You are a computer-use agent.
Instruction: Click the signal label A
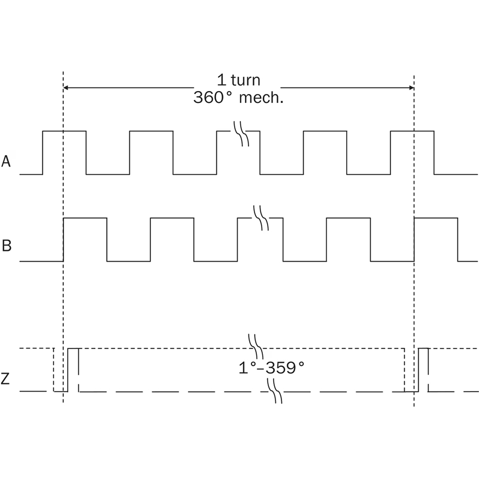coord(6,161)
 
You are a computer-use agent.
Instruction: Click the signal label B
coord(7,245)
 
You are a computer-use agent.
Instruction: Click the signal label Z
coord(5,379)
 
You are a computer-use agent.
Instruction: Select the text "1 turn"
coord(238,80)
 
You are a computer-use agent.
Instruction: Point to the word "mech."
coord(261,98)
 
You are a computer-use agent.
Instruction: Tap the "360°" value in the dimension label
coord(213,98)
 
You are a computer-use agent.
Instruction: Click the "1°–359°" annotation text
coord(272,368)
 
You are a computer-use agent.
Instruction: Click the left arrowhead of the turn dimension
coord(65,88)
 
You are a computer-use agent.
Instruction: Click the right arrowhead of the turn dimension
coord(412,88)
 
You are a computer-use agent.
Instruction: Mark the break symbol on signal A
coord(241,134)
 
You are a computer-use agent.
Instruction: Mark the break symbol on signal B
coord(262,218)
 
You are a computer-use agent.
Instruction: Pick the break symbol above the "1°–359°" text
coord(256,346)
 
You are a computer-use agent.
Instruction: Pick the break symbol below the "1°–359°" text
coord(275,392)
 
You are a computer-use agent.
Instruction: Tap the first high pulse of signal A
coord(64,131)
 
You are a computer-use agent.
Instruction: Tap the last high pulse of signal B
coord(436,218)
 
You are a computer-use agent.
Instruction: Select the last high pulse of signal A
coord(412,131)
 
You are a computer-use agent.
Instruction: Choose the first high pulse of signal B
coord(85,218)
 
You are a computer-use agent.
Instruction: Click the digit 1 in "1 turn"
coord(222,80)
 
